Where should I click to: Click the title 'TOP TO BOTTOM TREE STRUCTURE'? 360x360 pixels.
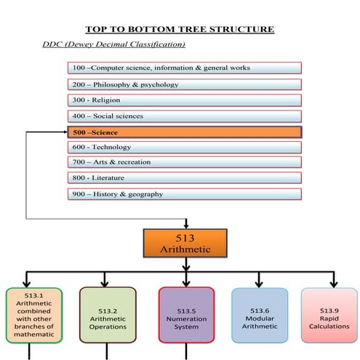tap(180, 29)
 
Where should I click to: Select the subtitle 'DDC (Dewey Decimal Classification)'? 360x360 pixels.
tap(114, 45)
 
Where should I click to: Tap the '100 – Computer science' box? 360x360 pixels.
tap(184, 68)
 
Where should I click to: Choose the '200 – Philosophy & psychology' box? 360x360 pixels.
tap(184, 84)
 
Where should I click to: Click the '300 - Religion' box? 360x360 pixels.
tap(184, 100)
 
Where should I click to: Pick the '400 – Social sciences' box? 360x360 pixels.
tap(184, 116)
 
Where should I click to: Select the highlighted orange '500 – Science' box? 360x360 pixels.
tap(184, 132)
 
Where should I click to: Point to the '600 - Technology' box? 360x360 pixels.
tap(184, 147)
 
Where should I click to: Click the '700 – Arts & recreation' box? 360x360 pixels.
tap(184, 162)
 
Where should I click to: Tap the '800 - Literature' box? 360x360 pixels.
tap(184, 178)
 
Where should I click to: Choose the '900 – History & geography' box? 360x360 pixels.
tap(184, 194)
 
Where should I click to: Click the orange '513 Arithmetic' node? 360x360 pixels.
tap(185, 244)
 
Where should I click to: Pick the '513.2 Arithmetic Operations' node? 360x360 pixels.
tap(108, 314)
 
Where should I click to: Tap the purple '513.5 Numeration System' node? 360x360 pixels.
tap(186, 314)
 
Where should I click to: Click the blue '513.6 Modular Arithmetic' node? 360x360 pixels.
tap(259, 314)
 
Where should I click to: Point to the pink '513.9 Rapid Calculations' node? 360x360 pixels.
tap(329, 314)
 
